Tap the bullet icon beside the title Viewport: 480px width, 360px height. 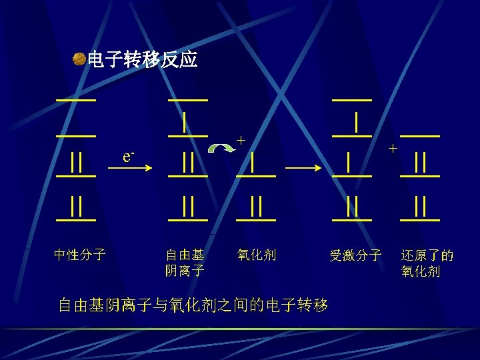[x=79, y=60]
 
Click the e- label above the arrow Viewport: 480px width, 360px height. [x=129, y=156]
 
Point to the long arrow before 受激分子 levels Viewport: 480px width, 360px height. [x=307, y=167]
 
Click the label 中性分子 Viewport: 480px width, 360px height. [x=79, y=255]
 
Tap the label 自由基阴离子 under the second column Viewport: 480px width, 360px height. [x=185, y=262]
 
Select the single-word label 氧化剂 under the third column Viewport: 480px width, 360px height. [x=256, y=255]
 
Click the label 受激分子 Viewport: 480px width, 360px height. [x=355, y=255]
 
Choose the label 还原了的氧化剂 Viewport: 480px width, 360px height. [x=427, y=263]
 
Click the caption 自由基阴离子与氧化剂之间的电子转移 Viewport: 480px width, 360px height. [x=193, y=306]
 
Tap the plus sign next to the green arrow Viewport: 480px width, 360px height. [x=241, y=140]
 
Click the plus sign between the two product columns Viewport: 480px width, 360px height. [x=393, y=148]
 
